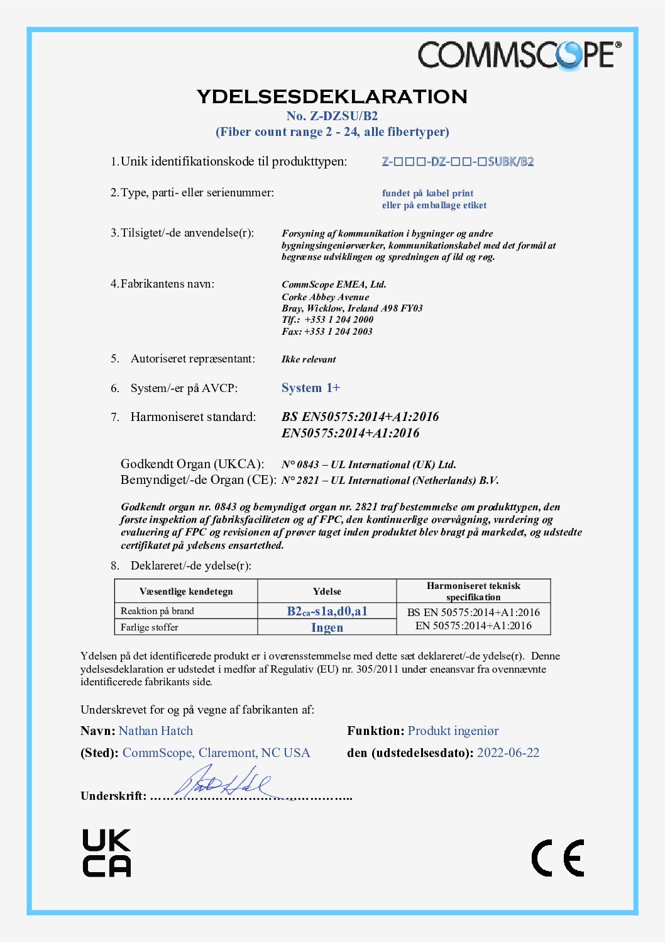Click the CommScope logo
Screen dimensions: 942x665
point(519,55)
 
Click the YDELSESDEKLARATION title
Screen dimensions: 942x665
point(332,96)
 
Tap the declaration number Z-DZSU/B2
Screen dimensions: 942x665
point(332,116)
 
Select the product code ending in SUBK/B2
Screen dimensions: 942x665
point(458,162)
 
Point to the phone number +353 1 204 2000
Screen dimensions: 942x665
point(339,320)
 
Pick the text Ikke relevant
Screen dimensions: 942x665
point(309,359)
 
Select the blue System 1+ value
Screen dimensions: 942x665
point(311,388)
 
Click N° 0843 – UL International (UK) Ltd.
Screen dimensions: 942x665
point(369,464)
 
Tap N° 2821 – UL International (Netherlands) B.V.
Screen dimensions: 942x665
point(390,480)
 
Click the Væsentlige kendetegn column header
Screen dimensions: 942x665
point(186,592)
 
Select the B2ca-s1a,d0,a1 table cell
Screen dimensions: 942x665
point(327,611)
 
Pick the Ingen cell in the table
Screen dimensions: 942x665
point(327,627)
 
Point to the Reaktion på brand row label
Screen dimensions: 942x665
point(157,611)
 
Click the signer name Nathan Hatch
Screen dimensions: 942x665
point(156,731)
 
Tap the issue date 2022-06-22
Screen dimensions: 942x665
point(508,753)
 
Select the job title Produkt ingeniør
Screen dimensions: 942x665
point(453,731)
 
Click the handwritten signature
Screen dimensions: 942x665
point(223,782)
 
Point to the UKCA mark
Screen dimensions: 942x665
point(107,853)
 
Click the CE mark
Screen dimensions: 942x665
point(558,858)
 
